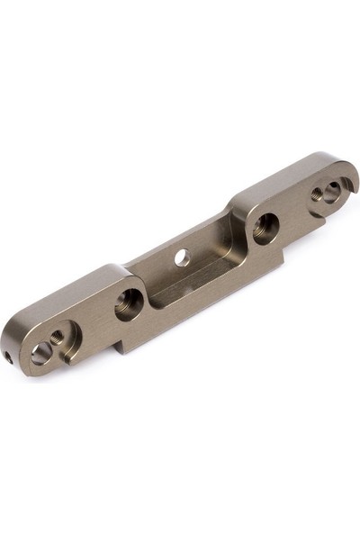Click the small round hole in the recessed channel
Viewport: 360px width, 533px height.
click(x=182, y=257)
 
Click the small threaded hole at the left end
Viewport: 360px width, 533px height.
click(x=57, y=337)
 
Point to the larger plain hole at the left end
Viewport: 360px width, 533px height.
click(x=40, y=352)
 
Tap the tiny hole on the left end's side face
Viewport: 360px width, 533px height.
click(x=9, y=357)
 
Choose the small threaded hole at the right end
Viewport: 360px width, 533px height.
click(x=317, y=193)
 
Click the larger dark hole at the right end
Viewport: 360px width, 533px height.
click(x=332, y=189)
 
